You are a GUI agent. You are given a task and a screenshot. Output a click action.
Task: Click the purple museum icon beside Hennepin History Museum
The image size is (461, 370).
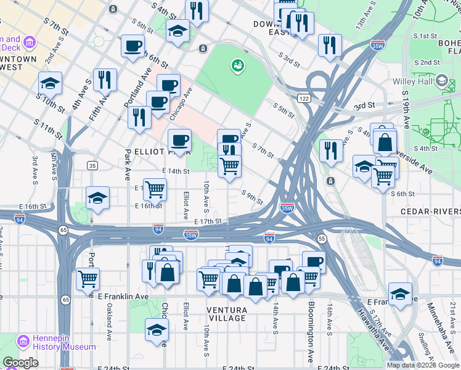(23, 341)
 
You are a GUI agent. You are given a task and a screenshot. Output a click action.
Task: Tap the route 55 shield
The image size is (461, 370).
(322, 238)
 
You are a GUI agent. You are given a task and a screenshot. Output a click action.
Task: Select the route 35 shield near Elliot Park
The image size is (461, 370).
(92, 165)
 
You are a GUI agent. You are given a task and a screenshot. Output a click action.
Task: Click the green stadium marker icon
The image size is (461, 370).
(236, 64)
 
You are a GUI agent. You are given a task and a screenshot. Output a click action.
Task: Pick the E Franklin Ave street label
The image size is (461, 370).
(124, 297)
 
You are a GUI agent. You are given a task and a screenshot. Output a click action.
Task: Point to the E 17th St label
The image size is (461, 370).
(207, 221)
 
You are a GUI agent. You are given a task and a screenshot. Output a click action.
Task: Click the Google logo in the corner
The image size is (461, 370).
(20, 363)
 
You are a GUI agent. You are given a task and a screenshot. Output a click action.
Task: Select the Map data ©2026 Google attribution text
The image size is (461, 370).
(422, 365)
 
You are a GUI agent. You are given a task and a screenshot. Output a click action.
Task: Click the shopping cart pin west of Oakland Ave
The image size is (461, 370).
(88, 278)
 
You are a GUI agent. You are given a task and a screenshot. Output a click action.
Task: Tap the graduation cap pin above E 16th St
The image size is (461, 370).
(97, 198)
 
